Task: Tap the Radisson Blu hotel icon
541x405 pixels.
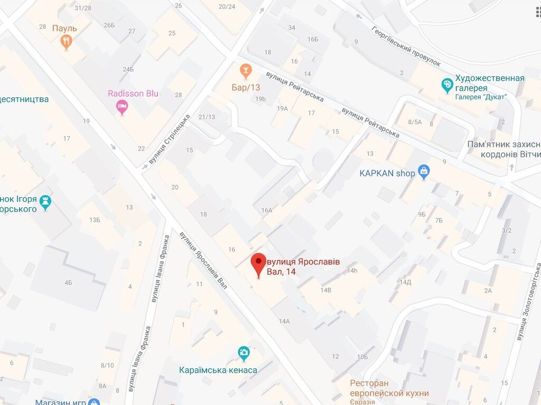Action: coord(122,108)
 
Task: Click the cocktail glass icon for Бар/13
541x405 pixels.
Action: coord(245,70)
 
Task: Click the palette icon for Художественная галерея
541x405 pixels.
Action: coord(447,84)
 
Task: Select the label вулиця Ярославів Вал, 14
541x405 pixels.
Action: coord(303,266)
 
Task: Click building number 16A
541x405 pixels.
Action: coord(266,210)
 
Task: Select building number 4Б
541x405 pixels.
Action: coord(68,283)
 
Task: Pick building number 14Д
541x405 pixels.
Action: coord(405,282)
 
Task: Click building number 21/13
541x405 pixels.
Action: coord(207,117)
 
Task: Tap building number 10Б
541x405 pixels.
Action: coord(362,357)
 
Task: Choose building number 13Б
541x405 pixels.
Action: coord(95,219)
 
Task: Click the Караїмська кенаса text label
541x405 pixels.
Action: coord(218,370)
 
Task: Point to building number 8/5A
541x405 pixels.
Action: coord(415,122)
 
